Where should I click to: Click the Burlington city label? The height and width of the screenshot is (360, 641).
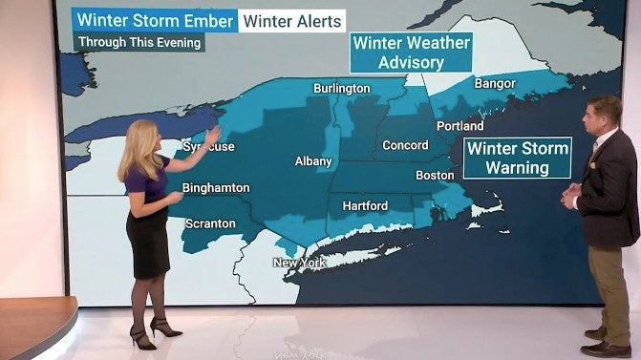coord(341,88)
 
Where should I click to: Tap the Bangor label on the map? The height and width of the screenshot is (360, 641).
coord(495,84)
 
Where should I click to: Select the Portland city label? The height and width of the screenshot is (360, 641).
coord(459,125)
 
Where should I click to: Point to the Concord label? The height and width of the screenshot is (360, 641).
coord(405,145)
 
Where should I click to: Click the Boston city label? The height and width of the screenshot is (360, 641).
coord(435,175)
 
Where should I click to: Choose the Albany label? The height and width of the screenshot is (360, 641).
coord(313,162)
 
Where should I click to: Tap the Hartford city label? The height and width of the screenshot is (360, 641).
coord(365,205)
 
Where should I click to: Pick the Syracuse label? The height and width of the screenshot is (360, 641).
coord(208,147)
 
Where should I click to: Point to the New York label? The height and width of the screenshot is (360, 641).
coord(299,263)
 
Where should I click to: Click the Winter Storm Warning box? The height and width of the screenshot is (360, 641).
coord(517,159)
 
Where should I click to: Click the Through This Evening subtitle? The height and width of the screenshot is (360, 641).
coord(139,43)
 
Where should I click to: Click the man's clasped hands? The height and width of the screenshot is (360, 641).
coord(570,198)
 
